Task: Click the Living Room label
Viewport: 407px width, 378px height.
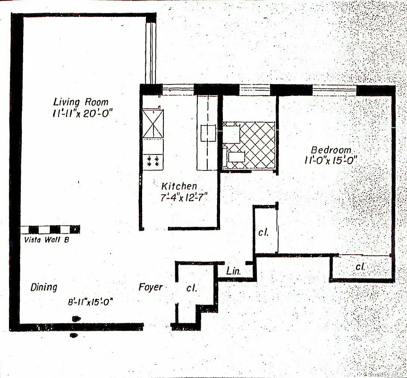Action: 80,102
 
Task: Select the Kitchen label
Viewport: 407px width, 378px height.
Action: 179,186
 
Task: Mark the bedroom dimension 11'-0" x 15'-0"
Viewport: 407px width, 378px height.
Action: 331,160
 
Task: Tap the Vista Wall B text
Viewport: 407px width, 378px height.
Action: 46,240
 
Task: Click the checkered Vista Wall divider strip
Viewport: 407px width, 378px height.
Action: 50,230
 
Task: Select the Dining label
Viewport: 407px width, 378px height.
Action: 44,287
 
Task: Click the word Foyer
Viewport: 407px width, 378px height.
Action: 151,287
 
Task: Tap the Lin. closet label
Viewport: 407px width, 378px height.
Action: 234,271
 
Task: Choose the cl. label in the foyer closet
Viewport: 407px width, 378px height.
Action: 191,287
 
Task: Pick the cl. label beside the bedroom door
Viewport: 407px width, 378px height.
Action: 263,232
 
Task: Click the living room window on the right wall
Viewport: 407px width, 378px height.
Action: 151,52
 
